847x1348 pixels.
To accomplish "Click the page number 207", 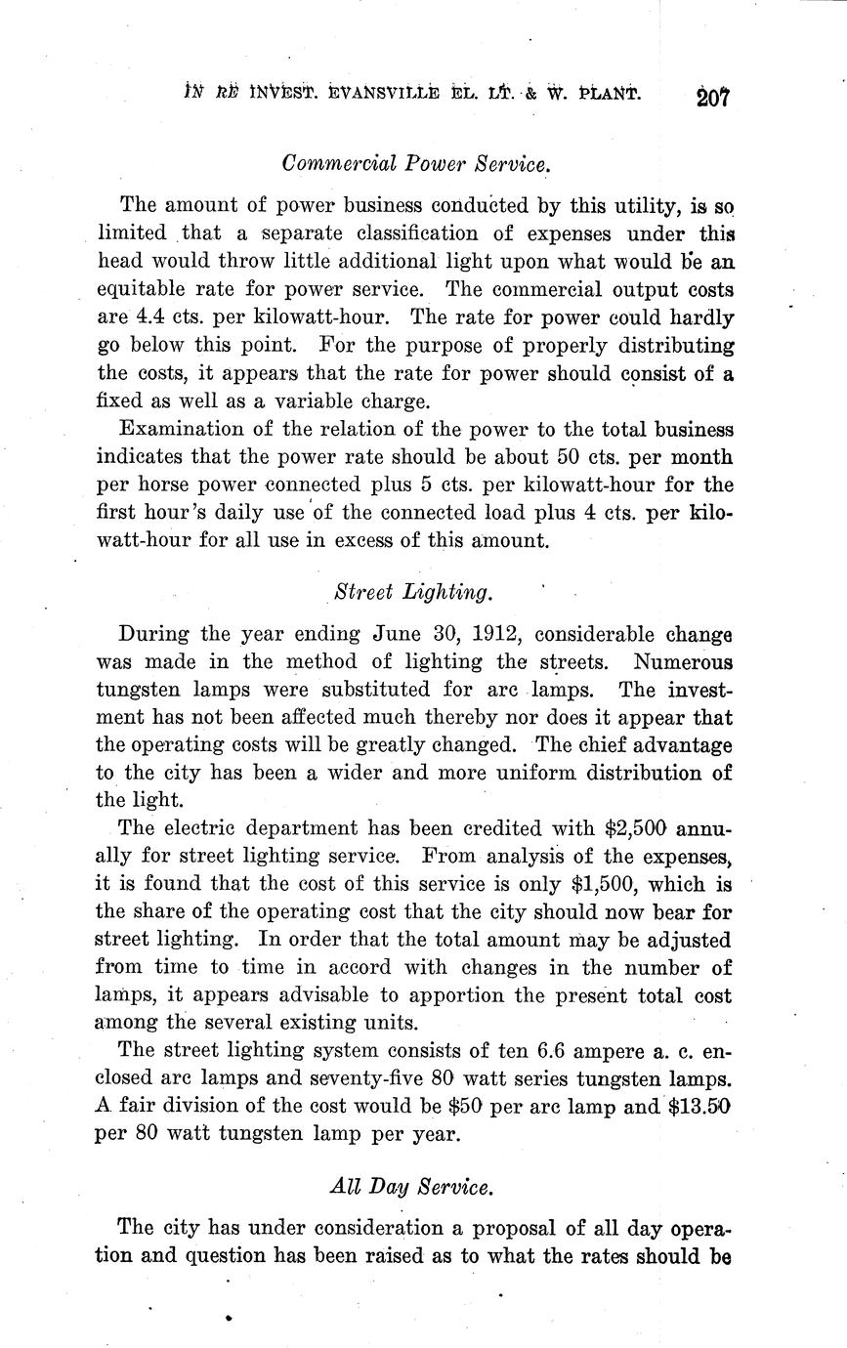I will (714, 97).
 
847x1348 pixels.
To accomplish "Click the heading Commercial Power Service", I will (416, 163).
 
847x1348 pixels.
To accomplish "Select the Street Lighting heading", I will (413, 592).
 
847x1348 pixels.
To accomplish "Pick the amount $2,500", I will (635, 827).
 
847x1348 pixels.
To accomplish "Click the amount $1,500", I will (597, 884).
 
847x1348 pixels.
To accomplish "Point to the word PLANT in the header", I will (608, 95).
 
